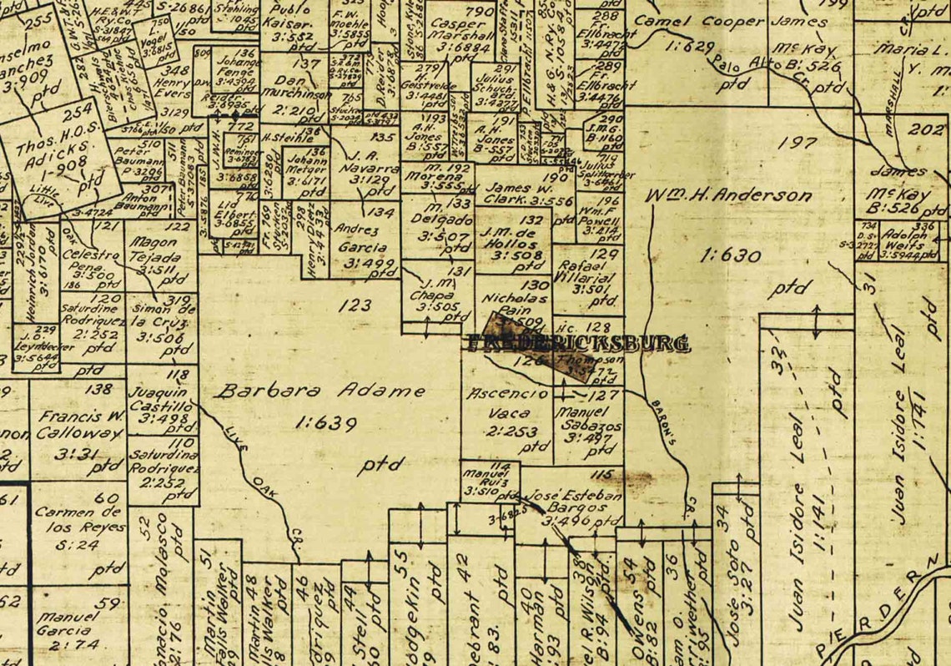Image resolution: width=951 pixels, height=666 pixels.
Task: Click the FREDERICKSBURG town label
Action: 578,342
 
